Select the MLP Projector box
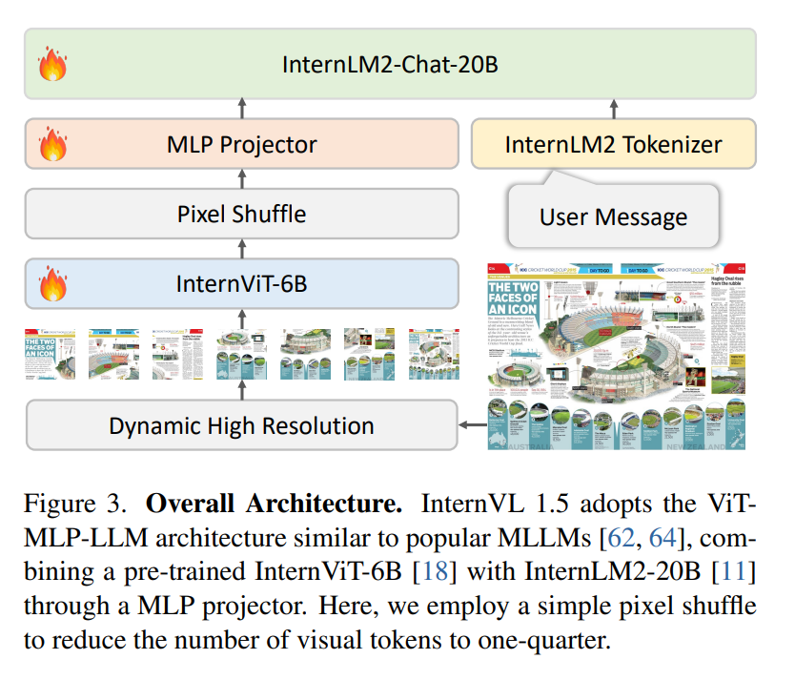click(241, 145)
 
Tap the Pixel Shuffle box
click(241, 213)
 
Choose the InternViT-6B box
click(241, 283)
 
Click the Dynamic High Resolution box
click(241, 425)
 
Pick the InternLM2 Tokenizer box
click(613, 145)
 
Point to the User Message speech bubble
click(613, 216)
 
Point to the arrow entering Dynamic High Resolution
click(469, 425)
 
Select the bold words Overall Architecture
click(276, 503)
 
